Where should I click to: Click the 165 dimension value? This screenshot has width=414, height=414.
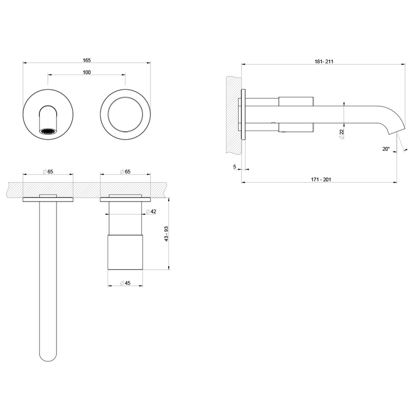coord(87,60)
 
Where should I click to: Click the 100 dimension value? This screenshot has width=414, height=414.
coord(87,72)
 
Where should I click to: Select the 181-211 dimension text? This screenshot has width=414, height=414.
coord(323,61)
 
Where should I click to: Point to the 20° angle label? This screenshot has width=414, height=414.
coord(386,149)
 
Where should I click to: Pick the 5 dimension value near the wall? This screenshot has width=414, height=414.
coord(235,167)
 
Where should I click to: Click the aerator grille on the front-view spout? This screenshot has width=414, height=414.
coord(48,131)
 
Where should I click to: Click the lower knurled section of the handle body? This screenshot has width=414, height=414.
coord(125,252)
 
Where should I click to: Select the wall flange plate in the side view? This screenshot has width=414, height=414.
coord(244,114)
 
